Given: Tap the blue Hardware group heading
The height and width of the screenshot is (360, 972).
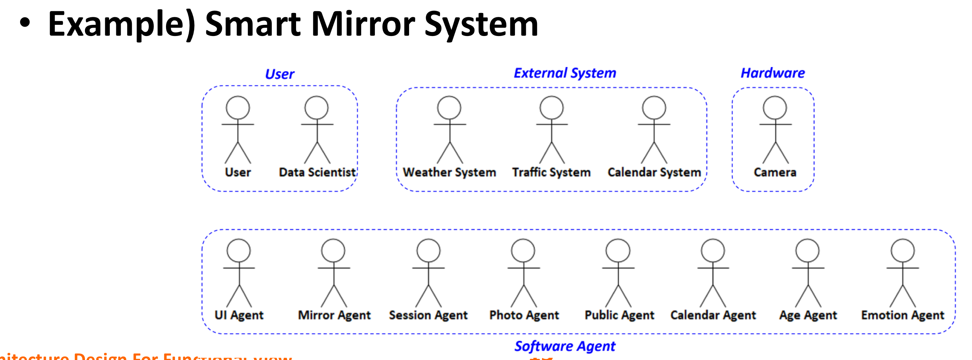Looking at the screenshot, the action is [x=772, y=73].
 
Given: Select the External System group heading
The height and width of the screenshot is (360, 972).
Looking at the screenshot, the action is [x=565, y=73].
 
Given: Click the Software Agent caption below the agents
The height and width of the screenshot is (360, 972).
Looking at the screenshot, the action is [x=565, y=346].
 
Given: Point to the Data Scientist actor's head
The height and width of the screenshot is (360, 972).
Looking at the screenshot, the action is [x=317, y=108].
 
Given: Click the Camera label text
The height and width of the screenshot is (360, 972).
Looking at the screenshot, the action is [x=775, y=172].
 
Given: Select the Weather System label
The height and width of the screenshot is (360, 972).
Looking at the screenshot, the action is [x=449, y=172].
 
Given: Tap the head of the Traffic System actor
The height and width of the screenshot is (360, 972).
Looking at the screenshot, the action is [x=551, y=108].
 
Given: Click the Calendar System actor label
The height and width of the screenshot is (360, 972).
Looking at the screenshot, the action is [x=654, y=172].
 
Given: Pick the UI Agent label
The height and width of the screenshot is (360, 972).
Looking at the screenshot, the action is [x=239, y=315].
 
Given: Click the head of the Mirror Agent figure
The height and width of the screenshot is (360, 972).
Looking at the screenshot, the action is [x=333, y=250].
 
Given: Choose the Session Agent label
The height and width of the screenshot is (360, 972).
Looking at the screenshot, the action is [x=428, y=315].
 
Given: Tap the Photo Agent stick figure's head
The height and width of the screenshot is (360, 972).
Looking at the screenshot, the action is [x=523, y=250].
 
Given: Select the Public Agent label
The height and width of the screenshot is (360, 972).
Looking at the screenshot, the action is [x=619, y=315].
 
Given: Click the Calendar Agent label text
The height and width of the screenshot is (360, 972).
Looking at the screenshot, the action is [x=713, y=315].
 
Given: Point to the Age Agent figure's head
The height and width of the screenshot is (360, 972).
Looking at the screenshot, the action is [x=807, y=250].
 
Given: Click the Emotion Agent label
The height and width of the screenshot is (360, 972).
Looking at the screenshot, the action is [x=902, y=315].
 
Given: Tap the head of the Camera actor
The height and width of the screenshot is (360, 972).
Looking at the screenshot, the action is [x=775, y=108].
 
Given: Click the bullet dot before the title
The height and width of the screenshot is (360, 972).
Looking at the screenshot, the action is [x=25, y=23].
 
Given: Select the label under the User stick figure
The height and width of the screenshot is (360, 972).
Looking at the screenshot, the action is [x=238, y=172].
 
